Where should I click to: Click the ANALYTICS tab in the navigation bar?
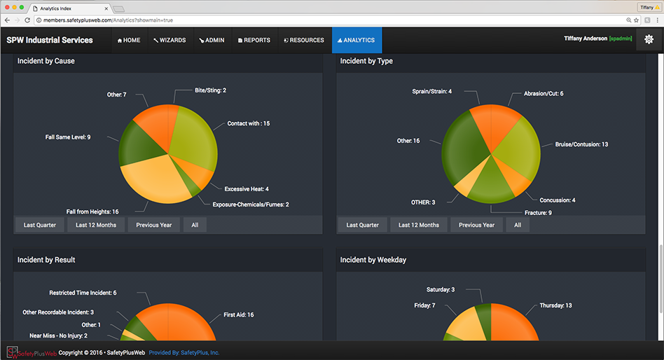[357, 41]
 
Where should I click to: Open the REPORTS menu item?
[254, 41]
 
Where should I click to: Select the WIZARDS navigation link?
[170, 41]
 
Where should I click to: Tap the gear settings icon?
[649, 39]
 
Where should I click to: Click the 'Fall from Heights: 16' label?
[92, 211]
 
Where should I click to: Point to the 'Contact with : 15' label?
[248, 123]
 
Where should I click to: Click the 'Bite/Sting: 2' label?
[210, 90]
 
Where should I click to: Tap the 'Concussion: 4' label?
[557, 200]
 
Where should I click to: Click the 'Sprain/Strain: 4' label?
[431, 91]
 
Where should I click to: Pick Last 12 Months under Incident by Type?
[419, 225]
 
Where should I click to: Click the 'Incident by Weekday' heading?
[373, 260]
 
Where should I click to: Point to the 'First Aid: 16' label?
[239, 315]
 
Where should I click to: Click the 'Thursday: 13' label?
[555, 305]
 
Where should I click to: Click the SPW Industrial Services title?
[50, 41]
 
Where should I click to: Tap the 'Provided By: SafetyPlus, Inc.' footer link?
[184, 352]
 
